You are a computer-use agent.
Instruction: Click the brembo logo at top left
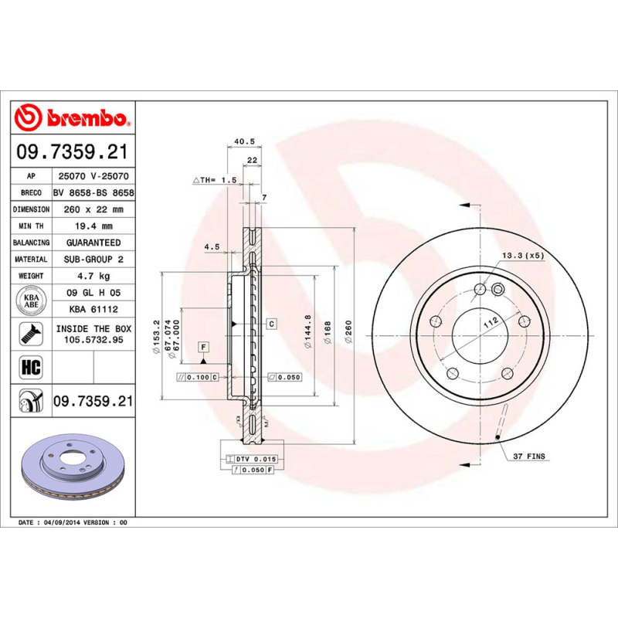pos(74,118)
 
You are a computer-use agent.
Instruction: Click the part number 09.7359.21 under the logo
pos(74,151)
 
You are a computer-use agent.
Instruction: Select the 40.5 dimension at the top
pos(244,141)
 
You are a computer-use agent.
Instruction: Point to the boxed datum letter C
pos(272,324)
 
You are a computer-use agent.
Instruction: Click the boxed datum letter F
pos(203,347)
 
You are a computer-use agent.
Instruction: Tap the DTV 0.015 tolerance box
pos(255,459)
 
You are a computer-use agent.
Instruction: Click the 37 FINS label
pos(528,457)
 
